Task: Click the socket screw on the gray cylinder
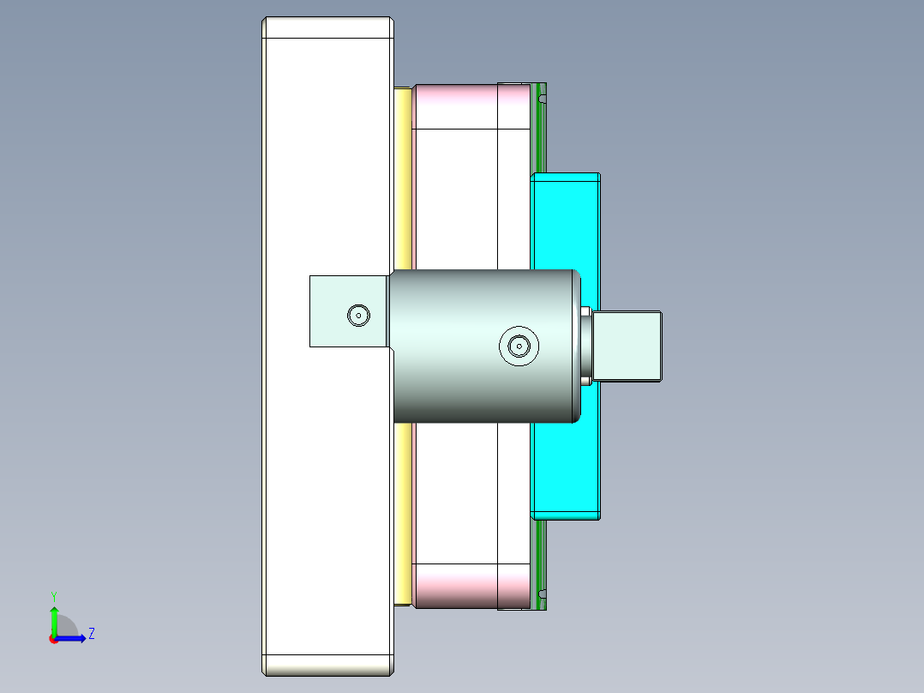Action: [519, 346]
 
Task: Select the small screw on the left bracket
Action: [358, 315]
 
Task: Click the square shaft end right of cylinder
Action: [627, 346]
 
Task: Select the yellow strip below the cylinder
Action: [403, 515]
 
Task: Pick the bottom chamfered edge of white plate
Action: [327, 665]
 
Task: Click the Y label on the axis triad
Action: [54, 595]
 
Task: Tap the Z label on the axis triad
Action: [91, 635]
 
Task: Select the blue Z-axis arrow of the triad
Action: [74, 638]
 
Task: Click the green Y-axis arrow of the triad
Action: [54, 619]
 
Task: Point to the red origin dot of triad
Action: [53, 639]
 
